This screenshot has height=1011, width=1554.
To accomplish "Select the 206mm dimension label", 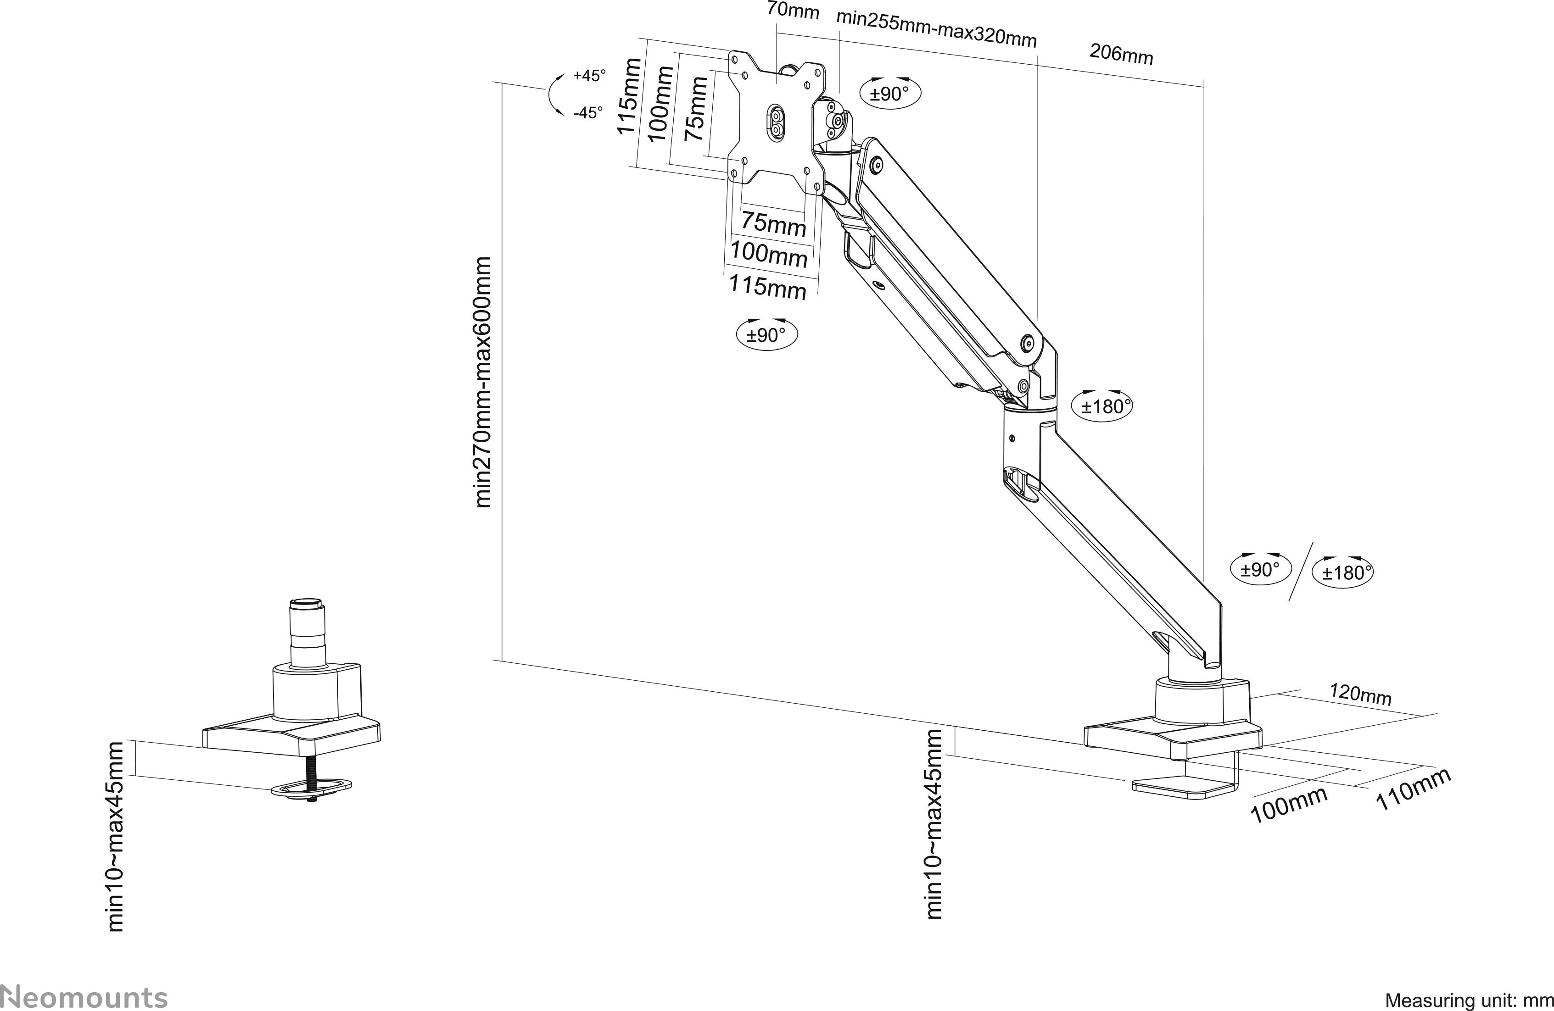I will [x=1121, y=54].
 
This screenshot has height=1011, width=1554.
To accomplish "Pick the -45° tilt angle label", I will [x=588, y=113].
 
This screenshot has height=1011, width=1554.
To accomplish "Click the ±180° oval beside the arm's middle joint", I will [x=1102, y=406].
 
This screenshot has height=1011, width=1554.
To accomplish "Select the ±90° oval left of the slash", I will [x=1260, y=569].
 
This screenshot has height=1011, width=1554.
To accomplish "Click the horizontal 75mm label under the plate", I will [x=774, y=224].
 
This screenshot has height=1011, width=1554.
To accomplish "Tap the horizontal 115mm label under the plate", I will [x=767, y=287].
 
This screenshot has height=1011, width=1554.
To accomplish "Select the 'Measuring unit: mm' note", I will [x=1469, y=1000].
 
